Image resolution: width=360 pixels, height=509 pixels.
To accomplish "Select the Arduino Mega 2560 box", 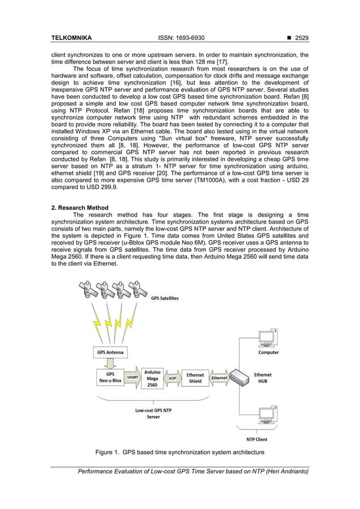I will tap(152, 378).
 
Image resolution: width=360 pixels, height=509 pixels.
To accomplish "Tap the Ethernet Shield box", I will tap(195, 378).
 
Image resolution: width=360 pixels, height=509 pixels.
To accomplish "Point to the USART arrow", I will tap(132, 378).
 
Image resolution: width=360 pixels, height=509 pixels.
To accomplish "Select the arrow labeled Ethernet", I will tap(219, 378).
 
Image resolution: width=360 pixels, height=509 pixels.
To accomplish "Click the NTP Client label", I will tap(257, 439).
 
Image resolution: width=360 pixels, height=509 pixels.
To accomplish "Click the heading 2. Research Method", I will tap(80, 208).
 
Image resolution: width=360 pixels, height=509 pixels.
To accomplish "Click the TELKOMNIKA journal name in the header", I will tap(72, 38).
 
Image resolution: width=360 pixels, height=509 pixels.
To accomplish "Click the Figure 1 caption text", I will tap(179, 453).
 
